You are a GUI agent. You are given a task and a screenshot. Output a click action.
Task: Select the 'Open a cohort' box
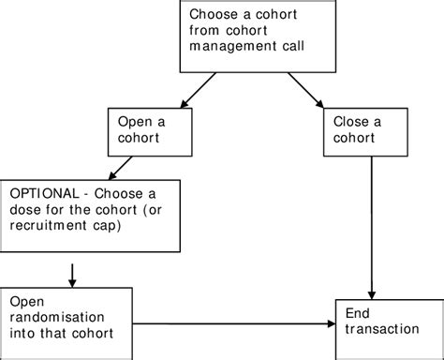pyautogui.click(x=145, y=130)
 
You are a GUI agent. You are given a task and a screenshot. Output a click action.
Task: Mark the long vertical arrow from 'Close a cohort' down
pyautogui.click(x=375, y=225)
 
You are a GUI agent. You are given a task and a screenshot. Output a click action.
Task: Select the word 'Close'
pyautogui.click(x=348, y=122)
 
